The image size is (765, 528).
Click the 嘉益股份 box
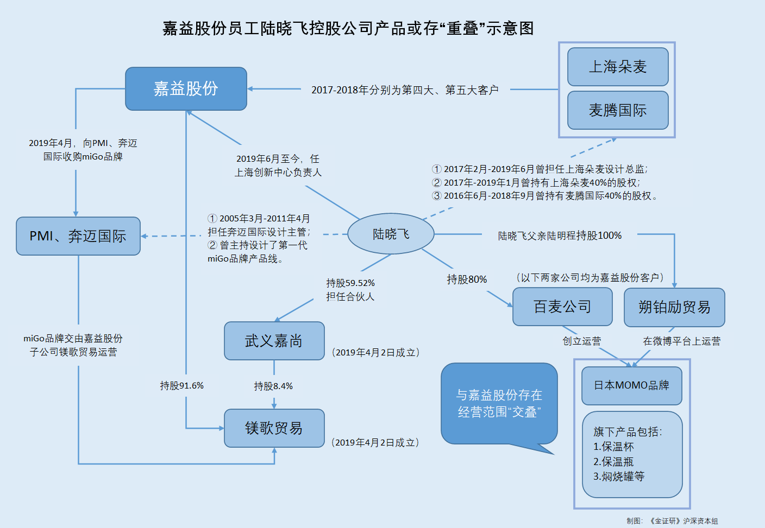(186, 88)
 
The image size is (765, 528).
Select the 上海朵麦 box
(618, 67)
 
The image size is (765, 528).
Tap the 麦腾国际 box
(618, 110)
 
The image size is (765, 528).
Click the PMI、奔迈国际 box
(78, 236)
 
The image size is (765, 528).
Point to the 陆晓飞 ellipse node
(391, 234)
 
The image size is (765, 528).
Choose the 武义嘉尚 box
(274, 341)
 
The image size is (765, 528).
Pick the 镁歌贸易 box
(274, 428)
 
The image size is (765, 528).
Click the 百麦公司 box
(562, 307)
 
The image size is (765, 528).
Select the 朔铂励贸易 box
(674, 307)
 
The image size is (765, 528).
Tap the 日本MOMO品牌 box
(631, 385)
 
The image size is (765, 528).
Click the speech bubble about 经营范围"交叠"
(499, 403)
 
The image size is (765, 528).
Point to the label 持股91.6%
(181, 386)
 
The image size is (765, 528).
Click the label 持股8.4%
(273, 386)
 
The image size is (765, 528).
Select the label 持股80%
(467, 279)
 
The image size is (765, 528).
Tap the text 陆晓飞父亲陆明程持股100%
(560, 236)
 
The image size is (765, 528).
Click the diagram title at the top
(348, 28)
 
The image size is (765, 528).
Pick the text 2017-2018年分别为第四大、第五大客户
(405, 90)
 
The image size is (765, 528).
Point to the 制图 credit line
(672, 521)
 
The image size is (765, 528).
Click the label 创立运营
(581, 341)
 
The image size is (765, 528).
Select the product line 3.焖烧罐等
(619, 476)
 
